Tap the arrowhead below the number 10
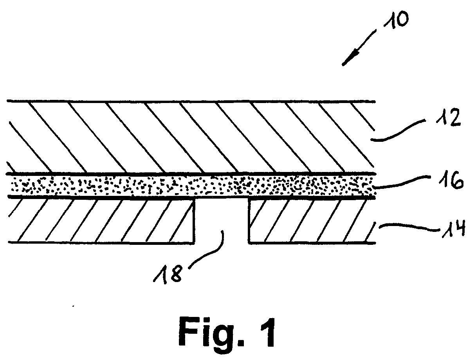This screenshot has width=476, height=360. tap(348, 59)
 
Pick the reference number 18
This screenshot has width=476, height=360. tap(167, 274)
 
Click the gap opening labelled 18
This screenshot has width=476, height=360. tap(222, 220)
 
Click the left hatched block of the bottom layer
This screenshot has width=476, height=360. tap(101, 220)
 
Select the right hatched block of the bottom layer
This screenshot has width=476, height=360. tap(312, 221)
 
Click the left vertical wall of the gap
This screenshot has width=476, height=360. tap(194, 221)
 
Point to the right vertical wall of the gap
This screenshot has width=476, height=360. tap(249, 221)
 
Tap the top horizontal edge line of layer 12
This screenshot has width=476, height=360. tap(191, 101)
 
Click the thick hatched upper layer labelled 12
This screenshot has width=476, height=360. tap(191, 137)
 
